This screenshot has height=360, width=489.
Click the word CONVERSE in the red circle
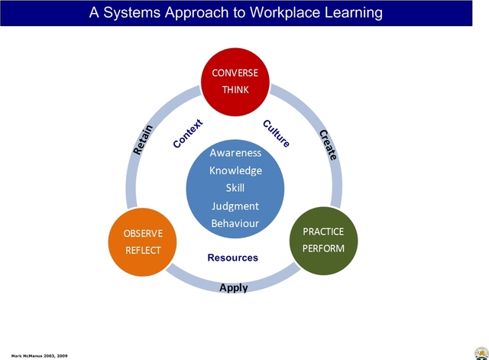click(x=235, y=73)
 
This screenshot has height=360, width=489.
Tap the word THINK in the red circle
click(x=235, y=89)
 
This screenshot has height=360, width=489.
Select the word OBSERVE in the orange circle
click(x=143, y=232)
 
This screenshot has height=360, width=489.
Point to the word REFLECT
click(x=143, y=248)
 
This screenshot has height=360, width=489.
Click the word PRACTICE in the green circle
click(x=323, y=232)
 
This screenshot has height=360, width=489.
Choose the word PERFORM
click(x=323, y=248)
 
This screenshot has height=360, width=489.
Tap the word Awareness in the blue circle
click(x=235, y=153)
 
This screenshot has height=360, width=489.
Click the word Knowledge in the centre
click(x=235, y=170)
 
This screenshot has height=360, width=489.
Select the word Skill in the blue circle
click(x=235, y=188)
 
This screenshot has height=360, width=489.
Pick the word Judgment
click(x=235, y=206)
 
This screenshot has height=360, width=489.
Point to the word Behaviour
click(x=235, y=223)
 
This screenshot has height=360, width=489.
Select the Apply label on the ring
click(x=233, y=288)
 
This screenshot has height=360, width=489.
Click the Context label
click(x=187, y=134)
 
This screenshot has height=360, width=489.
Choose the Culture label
click(x=276, y=133)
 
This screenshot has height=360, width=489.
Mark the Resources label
click(x=233, y=258)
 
